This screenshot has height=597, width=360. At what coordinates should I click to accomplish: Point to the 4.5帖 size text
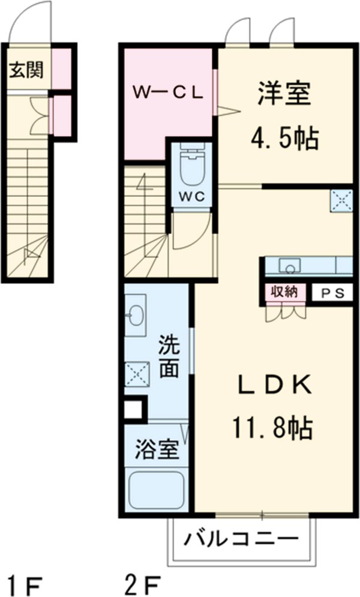click(x=284, y=139)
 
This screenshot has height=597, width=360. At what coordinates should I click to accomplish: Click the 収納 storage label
click(x=283, y=293)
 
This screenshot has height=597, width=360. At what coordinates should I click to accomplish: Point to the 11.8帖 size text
click(x=272, y=427)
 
